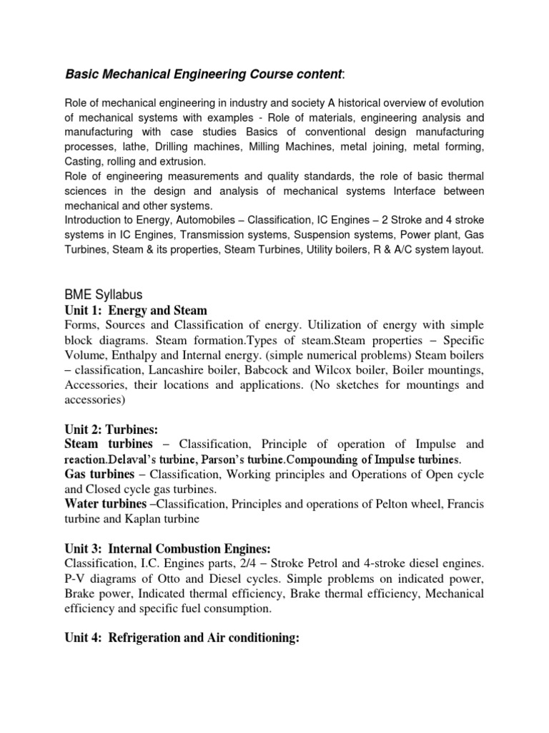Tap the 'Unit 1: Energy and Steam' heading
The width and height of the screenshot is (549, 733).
point(135,310)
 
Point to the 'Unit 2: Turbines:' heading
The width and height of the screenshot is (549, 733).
point(110,429)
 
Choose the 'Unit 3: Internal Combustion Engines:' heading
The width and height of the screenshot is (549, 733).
point(167,548)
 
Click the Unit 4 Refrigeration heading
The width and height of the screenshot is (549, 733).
point(181,637)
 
